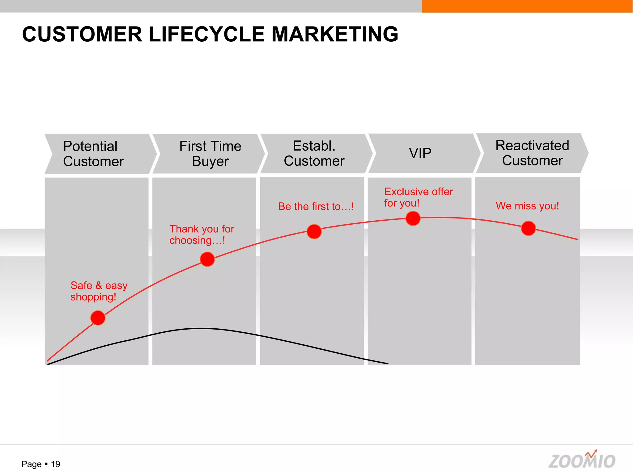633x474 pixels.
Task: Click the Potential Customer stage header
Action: [93, 154]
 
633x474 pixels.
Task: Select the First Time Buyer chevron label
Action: [210, 153]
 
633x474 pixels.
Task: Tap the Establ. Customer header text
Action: [314, 153]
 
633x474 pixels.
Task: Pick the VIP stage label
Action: [420, 153]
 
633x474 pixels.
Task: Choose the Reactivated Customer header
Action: [532, 153]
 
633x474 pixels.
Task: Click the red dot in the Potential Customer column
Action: [98, 318]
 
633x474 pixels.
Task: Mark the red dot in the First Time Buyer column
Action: [207, 259]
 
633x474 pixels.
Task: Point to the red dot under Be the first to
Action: [314, 232]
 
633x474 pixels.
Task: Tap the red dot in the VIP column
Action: [413, 218]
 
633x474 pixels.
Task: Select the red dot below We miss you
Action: [528, 228]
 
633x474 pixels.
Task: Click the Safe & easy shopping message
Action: [99, 291]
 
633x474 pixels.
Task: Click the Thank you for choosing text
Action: [202, 235]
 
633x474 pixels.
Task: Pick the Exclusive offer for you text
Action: [418, 197]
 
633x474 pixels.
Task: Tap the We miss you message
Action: [527, 206]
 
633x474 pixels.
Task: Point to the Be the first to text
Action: [316, 206]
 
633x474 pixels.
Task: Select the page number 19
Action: [55, 464]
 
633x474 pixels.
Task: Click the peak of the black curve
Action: [200, 328]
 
